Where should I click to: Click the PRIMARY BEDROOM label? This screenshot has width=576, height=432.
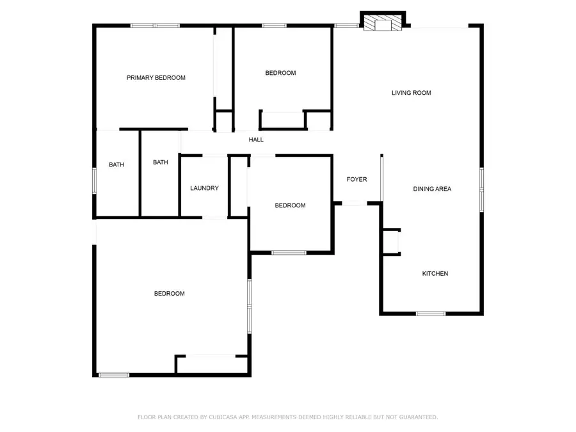pyautogui.click(x=156, y=78)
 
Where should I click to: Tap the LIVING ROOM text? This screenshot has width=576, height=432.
pyautogui.click(x=411, y=93)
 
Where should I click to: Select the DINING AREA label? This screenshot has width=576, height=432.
pyautogui.click(x=432, y=189)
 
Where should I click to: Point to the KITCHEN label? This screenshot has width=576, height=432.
pyautogui.click(x=435, y=274)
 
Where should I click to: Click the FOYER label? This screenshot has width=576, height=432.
pyautogui.click(x=356, y=179)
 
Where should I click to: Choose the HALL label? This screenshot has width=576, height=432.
pyautogui.click(x=256, y=140)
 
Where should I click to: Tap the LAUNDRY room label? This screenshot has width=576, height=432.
pyautogui.click(x=204, y=188)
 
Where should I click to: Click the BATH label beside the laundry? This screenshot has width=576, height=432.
pyautogui.click(x=160, y=163)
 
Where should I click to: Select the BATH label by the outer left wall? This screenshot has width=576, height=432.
pyautogui.click(x=116, y=164)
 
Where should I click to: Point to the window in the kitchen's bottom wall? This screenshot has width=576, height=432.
pyautogui.click(x=430, y=314)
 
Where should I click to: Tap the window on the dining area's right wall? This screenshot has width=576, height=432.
pyautogui.click(x=481, y=189)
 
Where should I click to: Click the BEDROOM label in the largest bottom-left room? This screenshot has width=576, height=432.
pyautogui.click(x=169, y=294)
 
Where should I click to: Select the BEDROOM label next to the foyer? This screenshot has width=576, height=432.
pyautogui.click(x=290, y=205)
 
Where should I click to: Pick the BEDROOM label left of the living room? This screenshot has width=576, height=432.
pyautogui.click(x=280, y=73)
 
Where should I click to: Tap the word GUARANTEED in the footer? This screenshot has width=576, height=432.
pyautogui.click(x=417, y=417)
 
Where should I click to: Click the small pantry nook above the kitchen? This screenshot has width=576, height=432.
pyautogui.click(x=390, y=242)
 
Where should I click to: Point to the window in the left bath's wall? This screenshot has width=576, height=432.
pyautogui.click(x=95, y=180)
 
